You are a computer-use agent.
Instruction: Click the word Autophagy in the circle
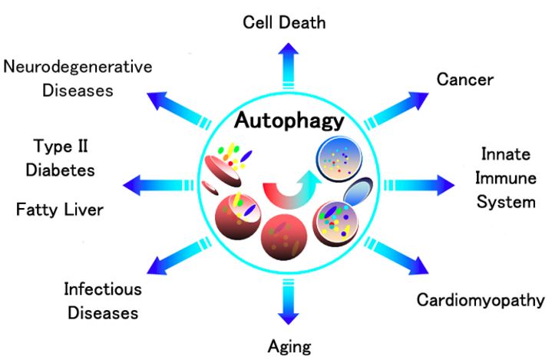point(289,121)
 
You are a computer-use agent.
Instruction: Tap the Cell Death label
point(284,21)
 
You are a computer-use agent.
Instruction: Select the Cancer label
point(464,79)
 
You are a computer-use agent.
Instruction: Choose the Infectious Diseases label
point(101,301)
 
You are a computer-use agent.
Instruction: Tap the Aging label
point(289,346)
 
